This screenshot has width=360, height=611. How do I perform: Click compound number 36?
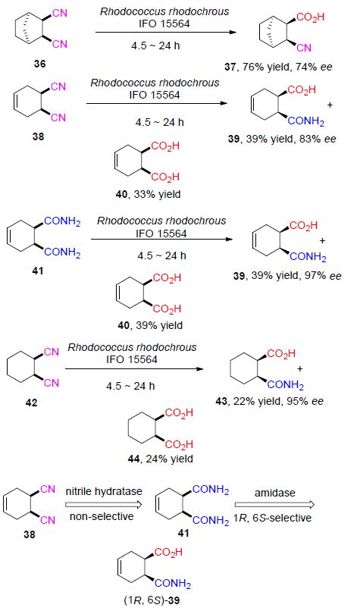pyautogui.click(x=39, y=64)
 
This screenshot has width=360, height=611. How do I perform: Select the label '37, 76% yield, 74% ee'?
pyautogui.click(x=278, y=67)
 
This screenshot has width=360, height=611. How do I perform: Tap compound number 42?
pyautogui.click(x=31, y=402)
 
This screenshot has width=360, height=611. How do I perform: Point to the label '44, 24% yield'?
pyautogui.click(x=160, y=459)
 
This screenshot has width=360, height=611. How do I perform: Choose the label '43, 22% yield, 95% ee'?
pyautogui.click(x=269, y=401)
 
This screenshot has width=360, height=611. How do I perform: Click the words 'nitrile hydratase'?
pyautogui.click(x=104, y=492)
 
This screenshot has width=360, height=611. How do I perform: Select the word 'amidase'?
pyautogui.click(x=274, y=493)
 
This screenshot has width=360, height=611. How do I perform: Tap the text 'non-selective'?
pyautogui.click(x=102, y=517)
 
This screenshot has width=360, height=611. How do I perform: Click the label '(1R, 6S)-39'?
pyautogui.click(x=152, y=600)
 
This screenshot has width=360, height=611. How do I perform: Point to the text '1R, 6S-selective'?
pyautogui.click(x=272, y=518)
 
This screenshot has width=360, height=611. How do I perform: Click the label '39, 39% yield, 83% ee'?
pyautogui.click(x=282, y=139)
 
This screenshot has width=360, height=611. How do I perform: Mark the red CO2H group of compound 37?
pyautogui.click(x=310, y=17)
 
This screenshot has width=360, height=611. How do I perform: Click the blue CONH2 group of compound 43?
pyautogui.click(x=286, y=385)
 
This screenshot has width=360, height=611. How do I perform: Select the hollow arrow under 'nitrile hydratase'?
pyautogui.click(x=104, y=505)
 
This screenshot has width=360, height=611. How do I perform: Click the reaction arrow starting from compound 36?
pyautogui.click(x=165, y=32)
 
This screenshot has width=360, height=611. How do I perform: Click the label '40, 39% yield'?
pyautogui.click(x=150, y=325)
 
